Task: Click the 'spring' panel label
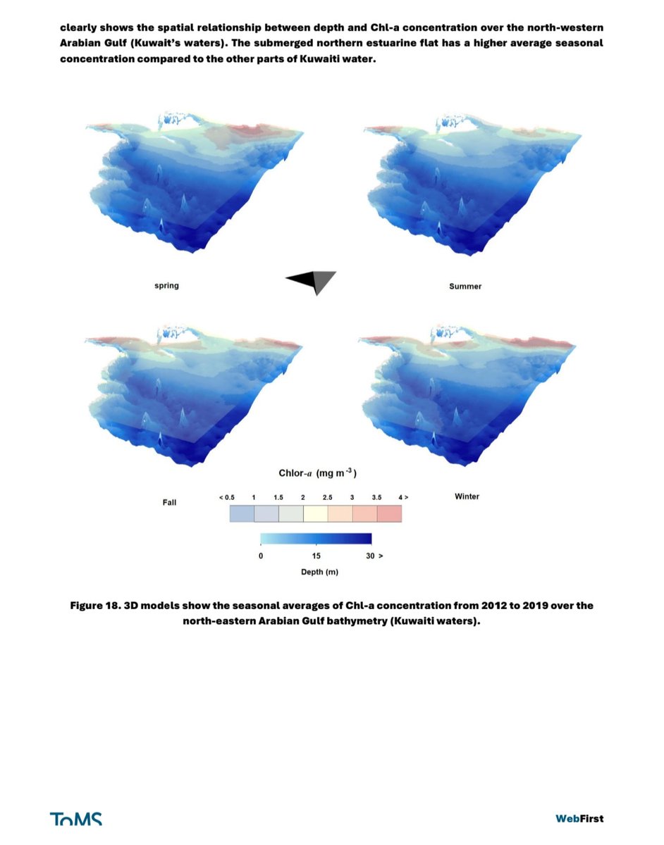(166, 286)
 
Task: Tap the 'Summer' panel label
(465, 286)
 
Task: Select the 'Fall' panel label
(169, 502)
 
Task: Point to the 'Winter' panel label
(467, 496)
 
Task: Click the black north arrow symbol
(312, 282)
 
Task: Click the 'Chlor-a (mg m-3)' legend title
(318, 473)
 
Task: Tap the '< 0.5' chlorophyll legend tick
(226, 497)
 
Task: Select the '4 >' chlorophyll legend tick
(403, 497)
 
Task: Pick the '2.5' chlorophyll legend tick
(327, 497)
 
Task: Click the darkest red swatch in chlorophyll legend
(389, 513)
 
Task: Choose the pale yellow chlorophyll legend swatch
(315, 513)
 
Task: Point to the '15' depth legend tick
(316, 556)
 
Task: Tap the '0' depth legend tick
(261, 556)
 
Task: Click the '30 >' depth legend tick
(374, 556)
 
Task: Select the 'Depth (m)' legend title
(319, 572)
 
